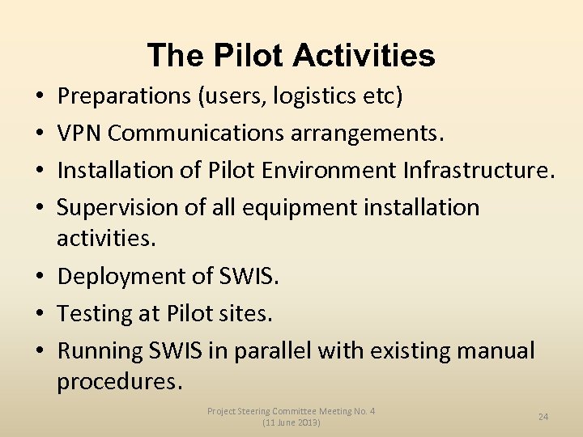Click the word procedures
pos(118,381)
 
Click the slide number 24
pos(543,416)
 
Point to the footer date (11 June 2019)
pos(291,422)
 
